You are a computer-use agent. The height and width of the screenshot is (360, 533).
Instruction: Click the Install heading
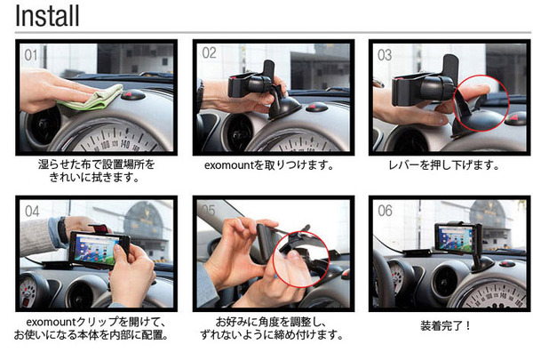(x=47, y=16)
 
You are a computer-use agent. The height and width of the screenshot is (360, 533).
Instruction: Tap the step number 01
(x=31, y=55)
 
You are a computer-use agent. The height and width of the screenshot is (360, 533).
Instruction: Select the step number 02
(x=209, y=52)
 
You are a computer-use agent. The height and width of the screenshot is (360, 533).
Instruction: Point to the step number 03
(x=385, y=55)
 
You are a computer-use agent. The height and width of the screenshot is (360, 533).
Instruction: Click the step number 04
(x=32, y=212)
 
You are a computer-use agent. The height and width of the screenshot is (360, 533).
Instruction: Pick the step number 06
(x=386, y=211)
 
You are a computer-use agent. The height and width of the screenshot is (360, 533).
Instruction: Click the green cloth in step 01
(x=91, y=98)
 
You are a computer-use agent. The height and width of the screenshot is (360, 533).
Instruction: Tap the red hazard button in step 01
(x=133, y=94)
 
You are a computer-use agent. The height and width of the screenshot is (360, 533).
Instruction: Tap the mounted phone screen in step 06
(x=455, y=238)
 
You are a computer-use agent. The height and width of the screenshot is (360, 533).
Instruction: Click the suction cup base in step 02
(x=284, y=108)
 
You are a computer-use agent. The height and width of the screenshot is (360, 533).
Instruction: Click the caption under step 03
(x=444, y=165)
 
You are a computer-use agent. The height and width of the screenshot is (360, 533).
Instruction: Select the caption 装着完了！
(x=445, y=325)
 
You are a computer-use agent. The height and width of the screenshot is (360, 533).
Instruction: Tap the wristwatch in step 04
(x=63, y=230)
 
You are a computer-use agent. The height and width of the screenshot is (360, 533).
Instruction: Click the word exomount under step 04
(x=51, y=322)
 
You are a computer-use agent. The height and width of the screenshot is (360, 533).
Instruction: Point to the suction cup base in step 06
(x=483, y=265)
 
